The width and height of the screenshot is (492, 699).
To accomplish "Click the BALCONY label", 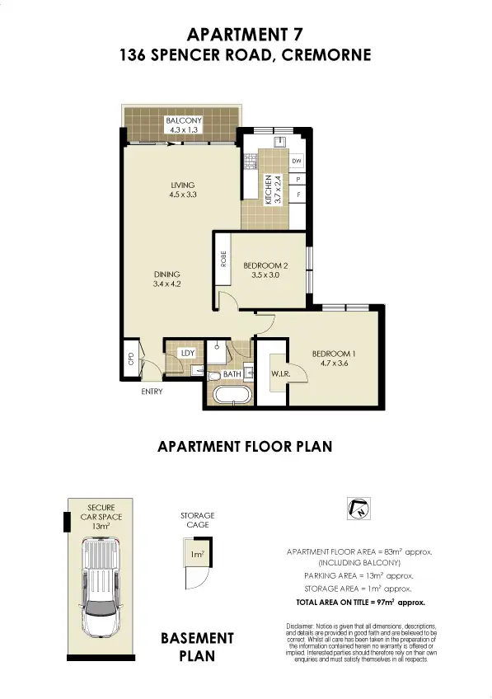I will point(183,120).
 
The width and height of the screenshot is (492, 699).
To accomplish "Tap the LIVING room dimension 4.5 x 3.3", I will point(181,195).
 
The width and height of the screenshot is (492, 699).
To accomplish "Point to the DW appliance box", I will point(298,161).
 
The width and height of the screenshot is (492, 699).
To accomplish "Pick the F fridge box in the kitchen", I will point(298,195).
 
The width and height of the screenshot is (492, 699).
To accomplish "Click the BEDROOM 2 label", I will point(265,265).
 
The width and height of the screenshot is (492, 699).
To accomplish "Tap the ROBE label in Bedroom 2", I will point(223,259).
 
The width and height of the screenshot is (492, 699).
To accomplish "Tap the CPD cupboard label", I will point(130,359).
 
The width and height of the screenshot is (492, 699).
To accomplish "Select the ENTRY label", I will point(152,392).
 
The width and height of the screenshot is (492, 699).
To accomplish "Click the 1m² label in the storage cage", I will point(197,555).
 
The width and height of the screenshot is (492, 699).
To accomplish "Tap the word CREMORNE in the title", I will point(323,56).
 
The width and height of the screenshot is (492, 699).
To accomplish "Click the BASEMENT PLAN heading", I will point(197,647).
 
